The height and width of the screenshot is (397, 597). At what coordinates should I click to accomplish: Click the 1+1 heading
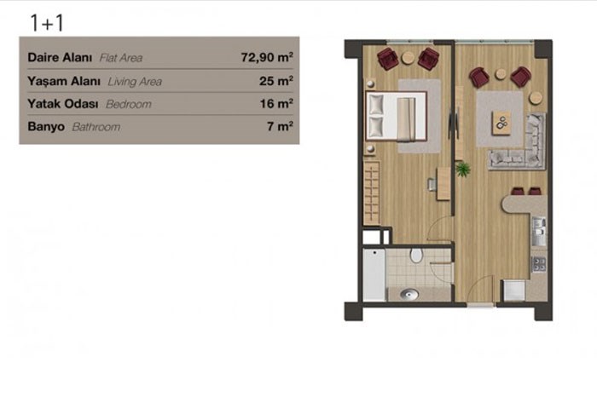[46, 23]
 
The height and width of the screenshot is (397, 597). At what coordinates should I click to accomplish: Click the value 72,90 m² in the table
[267, 57]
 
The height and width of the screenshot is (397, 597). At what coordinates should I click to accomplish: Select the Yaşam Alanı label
[64, 82]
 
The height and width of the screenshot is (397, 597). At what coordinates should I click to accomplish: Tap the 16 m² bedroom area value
[276, 103]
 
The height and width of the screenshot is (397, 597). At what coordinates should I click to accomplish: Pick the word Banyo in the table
[46, 127]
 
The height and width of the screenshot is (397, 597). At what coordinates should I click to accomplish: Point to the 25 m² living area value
[276, 81]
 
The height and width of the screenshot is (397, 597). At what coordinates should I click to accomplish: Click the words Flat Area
[121, 58]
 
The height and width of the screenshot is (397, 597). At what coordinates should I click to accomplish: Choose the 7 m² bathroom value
[280, 126]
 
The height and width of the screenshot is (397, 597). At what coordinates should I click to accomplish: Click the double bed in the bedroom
[396, 116]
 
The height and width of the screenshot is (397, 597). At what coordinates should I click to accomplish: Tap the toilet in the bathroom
[416, 256]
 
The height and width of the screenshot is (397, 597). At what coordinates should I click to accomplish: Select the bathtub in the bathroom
[374, 274]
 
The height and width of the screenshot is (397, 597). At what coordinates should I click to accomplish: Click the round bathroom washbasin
[409, 294]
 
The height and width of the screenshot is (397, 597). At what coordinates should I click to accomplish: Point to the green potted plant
[462, 169]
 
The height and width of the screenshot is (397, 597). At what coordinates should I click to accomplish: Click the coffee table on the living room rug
[501, 123]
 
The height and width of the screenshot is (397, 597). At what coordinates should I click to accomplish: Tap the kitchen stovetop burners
[539, 264]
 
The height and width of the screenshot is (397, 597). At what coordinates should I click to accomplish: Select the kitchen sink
[539, 231]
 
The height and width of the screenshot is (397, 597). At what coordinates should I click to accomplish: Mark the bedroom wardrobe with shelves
[372, 193]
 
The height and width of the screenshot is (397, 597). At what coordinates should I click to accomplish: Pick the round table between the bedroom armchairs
[409, 58]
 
